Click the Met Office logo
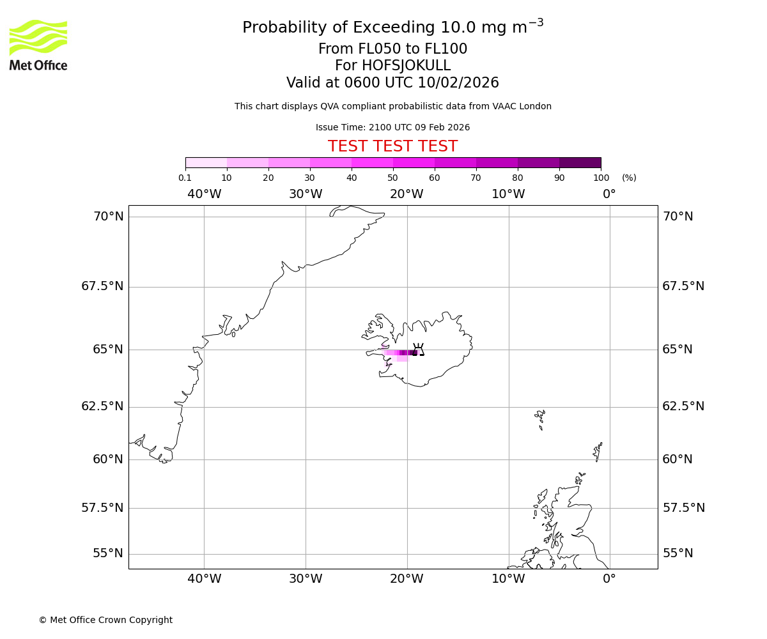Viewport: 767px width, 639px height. (x=38, y=45)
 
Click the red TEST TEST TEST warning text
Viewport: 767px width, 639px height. (x=392, y=146)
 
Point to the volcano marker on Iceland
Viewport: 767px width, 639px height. (x=419, y=350)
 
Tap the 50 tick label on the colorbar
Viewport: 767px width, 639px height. (x=392, y=178)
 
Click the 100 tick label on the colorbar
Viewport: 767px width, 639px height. (x=601, y=178)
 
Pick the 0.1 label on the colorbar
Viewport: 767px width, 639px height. (x=185, y=178)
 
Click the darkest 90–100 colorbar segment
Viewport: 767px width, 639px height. (x=580, y=162)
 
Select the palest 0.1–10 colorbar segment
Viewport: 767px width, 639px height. (x=206, y=162)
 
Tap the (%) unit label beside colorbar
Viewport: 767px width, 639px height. (x=629, y=178)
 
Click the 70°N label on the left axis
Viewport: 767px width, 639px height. (x=109, y=217)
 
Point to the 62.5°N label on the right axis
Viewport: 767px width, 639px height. (x=683, y=406)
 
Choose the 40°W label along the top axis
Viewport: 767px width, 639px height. (x=204, y=194)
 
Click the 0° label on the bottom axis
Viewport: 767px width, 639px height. (x=609, y=579)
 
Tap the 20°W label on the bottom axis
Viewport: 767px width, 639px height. (x=407, y=579)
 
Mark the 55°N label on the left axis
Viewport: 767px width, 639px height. (x=108, y=553)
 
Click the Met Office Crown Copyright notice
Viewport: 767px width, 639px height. (x=105, y=620)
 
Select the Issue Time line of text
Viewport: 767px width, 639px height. (x=392, y=127)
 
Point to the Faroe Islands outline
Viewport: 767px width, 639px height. (x=541, y=419)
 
